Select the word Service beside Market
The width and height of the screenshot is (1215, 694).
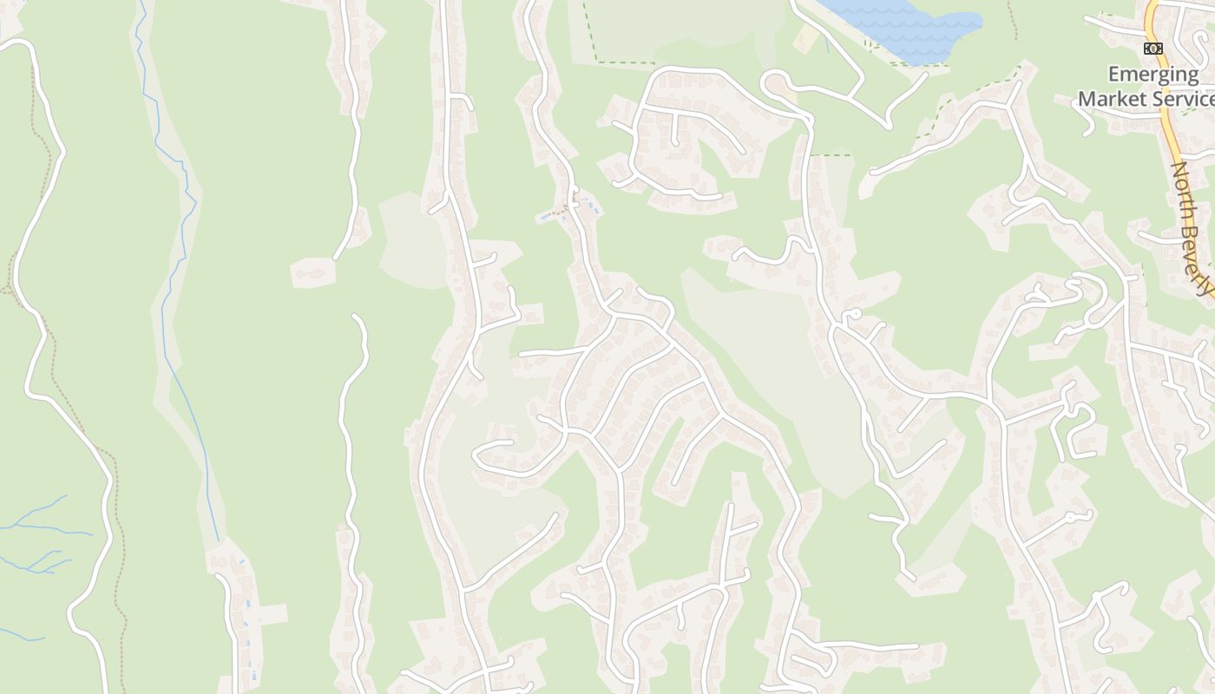point(1182,98)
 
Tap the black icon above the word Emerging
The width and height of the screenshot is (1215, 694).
point(1153,49)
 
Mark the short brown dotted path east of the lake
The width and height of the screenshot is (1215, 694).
point(1012,19)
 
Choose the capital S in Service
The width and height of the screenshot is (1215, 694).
point(1160,98)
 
